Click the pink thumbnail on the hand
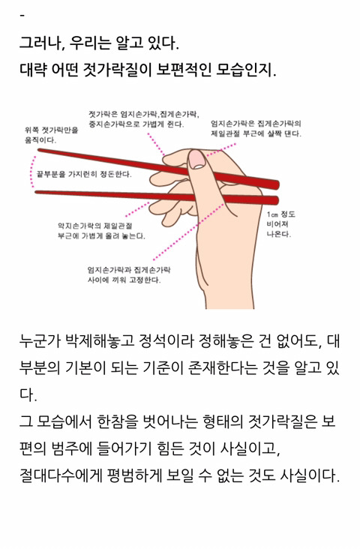coord(197,160)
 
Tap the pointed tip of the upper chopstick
coord(38,150)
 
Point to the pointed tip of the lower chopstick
coord(36,192)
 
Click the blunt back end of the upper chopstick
coord(277,184)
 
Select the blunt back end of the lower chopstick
coord(276,201)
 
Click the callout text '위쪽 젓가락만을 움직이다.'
coord(52,135)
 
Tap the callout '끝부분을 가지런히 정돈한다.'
coord(84,174)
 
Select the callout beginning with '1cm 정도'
coord(280,224)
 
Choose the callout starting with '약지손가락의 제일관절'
coord(101,231)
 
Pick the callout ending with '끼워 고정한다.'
coord(129,274)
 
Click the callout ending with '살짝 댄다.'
coord(256,128)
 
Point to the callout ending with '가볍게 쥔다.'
coord(144,119)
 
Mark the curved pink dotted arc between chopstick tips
coord(33,171)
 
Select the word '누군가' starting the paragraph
coord(40,341)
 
